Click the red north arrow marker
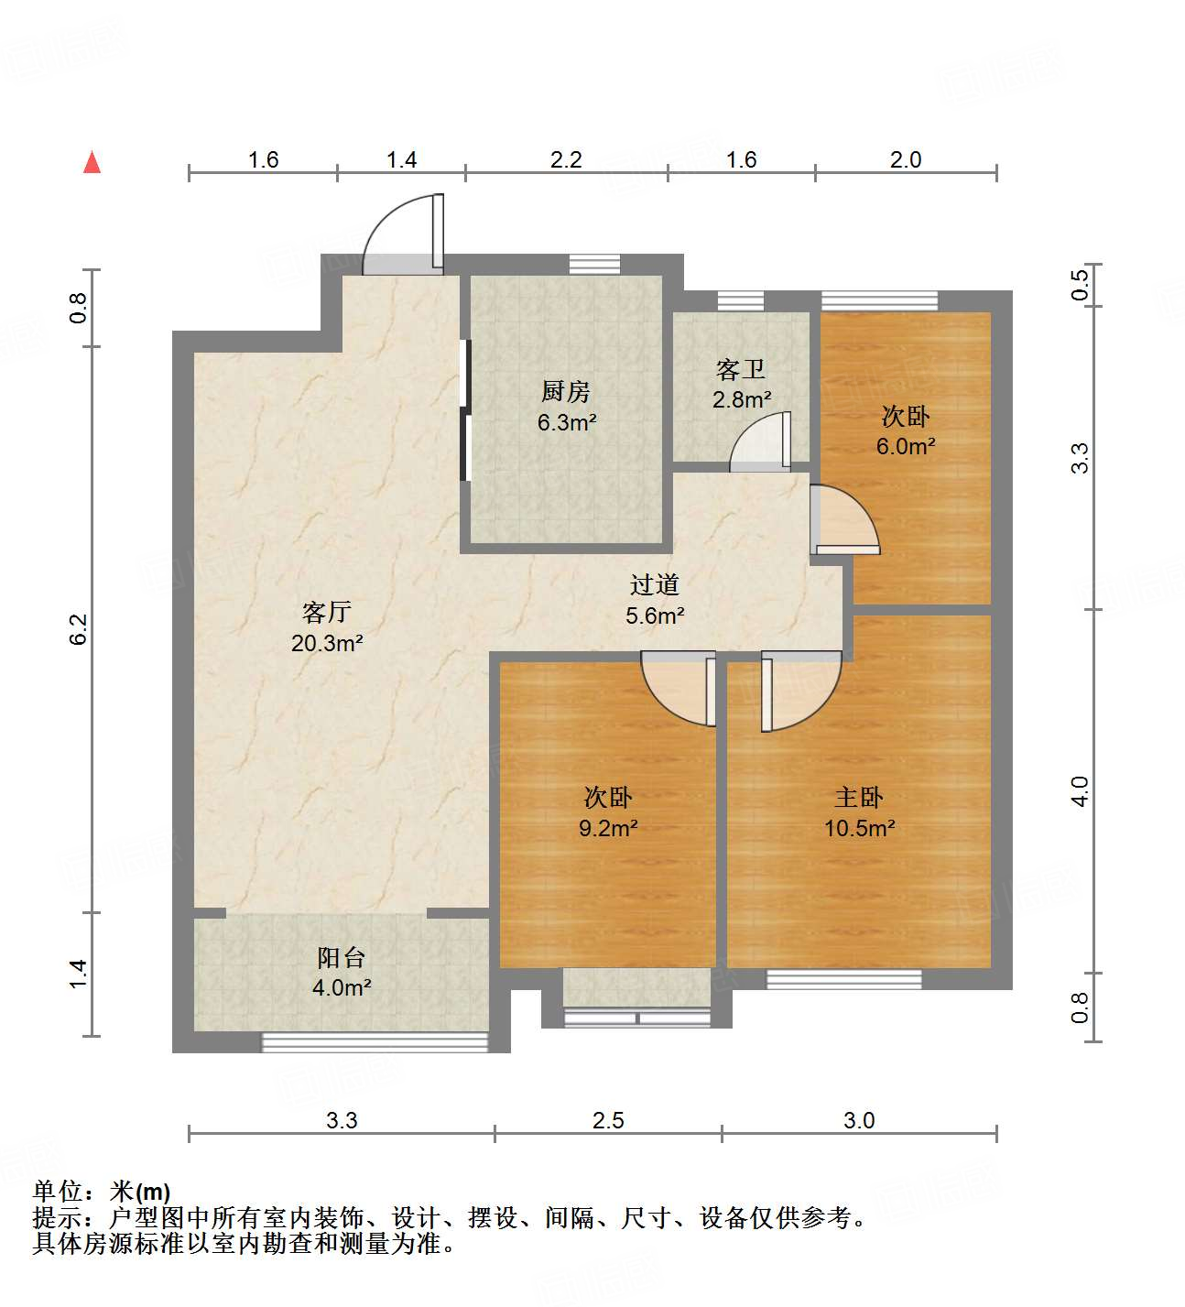[x=92, y=162]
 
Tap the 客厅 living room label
[x=327, y=611]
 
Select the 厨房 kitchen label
[x=566, y=392]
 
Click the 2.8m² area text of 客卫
[x=742, y=400]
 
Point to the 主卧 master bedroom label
[x=859, y=797]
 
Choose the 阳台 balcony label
[x=342, y=957]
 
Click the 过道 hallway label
[x=655, y=584]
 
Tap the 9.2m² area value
[x=608, y=828]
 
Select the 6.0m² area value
[x=906, y=447]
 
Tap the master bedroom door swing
[x=800, y=689]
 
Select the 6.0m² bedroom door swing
[x=844, y=520]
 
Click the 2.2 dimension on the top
[x=566, y=160]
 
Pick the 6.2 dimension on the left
[x=79, y=628]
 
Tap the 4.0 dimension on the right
[x=1081, y=790]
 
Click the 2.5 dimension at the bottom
[x=608, y=1120]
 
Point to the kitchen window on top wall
[x=594, y=264]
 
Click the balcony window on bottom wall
[x=375, y=1041]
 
